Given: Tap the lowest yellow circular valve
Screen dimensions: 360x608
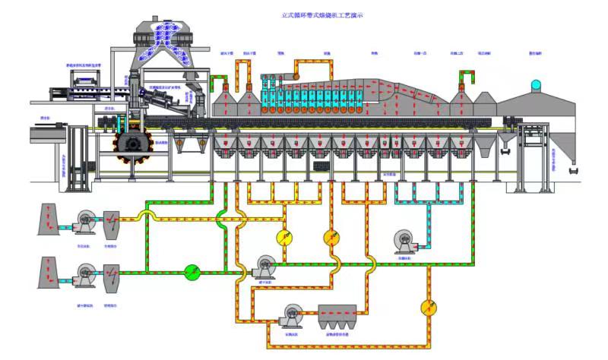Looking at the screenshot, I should click(x=429, y=307).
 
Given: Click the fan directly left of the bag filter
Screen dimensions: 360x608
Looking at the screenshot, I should click(x=293, y=312).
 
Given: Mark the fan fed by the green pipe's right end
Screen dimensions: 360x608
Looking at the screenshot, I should click(x=265, y=267).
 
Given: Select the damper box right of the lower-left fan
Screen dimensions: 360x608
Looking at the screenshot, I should click(x=111, y=274).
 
